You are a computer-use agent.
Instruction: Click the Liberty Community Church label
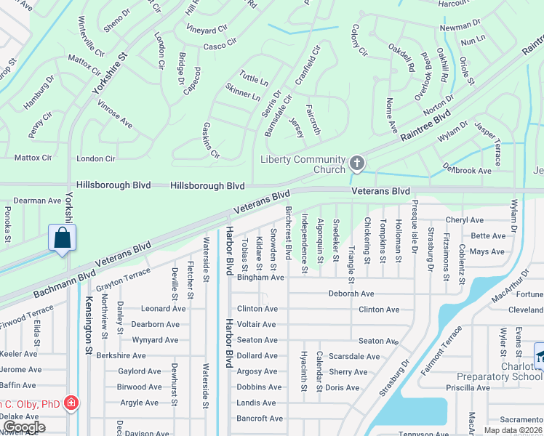tap(303, 165)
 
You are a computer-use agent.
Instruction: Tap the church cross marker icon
tap(356, 163)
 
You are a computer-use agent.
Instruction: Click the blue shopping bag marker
tap(63, 238)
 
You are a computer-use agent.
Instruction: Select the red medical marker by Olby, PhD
tap(71, 403)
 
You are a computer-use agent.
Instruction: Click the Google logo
tap(24, 428)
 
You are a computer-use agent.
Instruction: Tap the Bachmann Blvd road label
tap(65, 284)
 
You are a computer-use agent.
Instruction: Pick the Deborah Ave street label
tap(351, 294)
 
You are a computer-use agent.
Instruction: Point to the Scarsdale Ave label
tap(354, 356)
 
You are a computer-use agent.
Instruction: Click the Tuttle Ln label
tap(254, 77)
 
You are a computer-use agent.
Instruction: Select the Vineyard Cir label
tap(207, 31)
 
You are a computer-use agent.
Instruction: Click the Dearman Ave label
tap(39, 201)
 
